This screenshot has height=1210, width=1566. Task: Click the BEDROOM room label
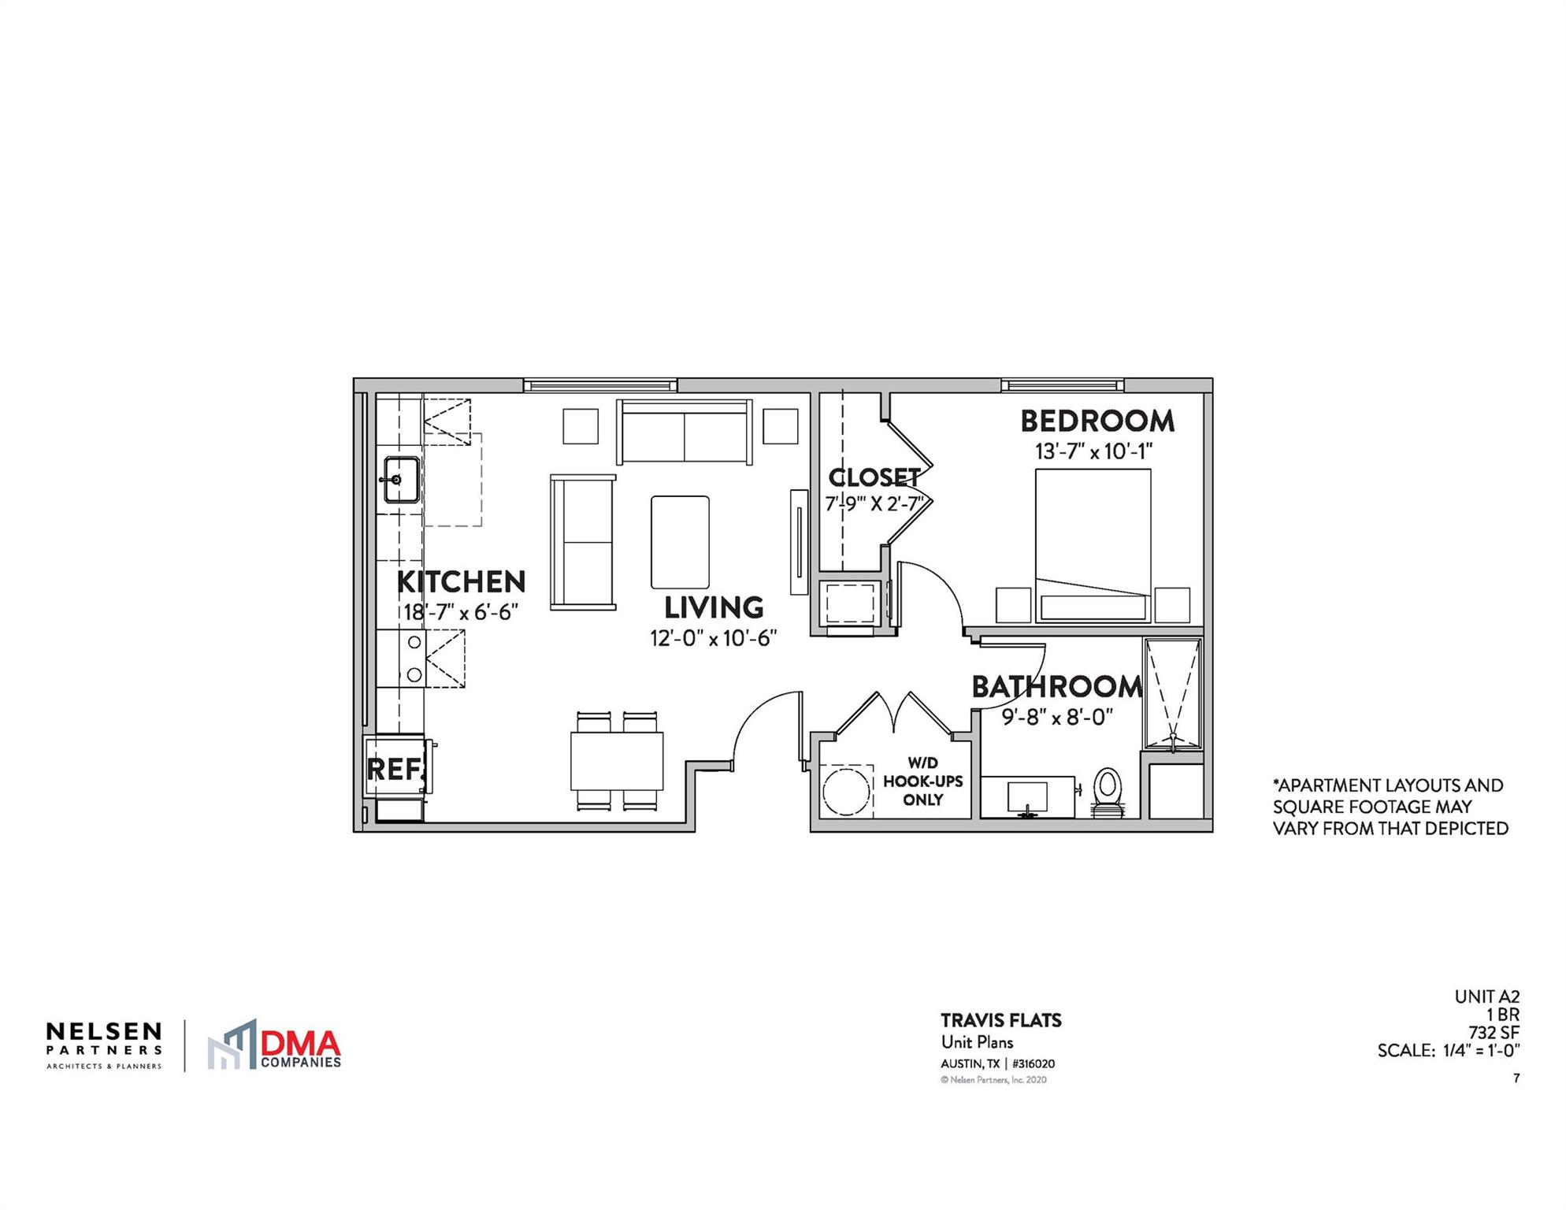[1097, 421]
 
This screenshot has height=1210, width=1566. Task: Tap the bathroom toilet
[1107, 790]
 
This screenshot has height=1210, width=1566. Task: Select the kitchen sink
[401, 479]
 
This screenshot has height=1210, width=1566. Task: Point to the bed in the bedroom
[1093, 544]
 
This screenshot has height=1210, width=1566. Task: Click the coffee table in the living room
[680, 542]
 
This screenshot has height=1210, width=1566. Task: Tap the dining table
[617, 761]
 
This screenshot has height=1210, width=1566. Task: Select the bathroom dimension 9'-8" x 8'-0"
[1056, 718]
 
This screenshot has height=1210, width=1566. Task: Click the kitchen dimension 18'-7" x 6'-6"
[461, 612]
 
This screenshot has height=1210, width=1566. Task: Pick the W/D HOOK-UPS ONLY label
[922, 781]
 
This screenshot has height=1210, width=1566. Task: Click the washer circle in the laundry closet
[845, 791]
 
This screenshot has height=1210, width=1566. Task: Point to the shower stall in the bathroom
[1172, 693]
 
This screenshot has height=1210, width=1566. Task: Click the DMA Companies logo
[274, 1045]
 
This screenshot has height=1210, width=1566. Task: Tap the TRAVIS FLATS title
[1000, 1021]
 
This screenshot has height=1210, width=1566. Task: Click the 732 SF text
[1494, 1032]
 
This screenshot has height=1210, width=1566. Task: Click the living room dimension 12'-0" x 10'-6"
[713, 638]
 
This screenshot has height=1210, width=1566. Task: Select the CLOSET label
[874, 477]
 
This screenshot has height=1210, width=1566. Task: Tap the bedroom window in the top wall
[1063, 385]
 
